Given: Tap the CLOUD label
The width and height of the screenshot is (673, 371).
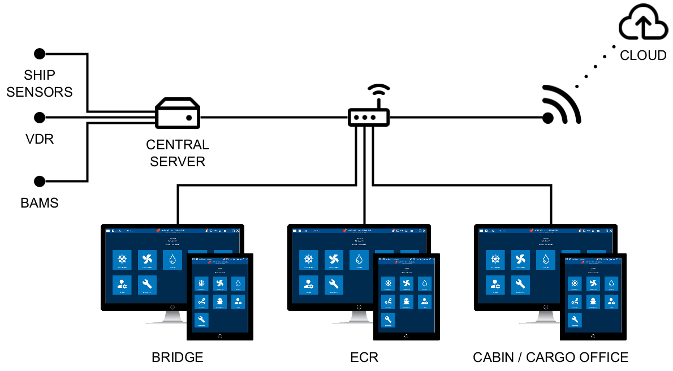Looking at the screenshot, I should pos(643,55).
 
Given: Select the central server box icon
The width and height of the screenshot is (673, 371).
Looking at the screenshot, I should pos(178,114).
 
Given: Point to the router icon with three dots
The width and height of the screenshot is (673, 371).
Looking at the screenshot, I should pos(368,117).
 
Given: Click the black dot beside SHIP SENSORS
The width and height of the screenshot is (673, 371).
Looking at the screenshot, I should pos(39,54).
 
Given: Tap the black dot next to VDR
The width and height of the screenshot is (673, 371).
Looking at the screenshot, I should pos(39,118).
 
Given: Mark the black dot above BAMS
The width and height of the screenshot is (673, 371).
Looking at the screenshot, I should pos(39,182).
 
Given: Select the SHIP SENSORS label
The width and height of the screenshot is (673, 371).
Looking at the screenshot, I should pos(40,83).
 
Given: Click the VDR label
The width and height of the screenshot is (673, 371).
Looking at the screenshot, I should pos(40,139).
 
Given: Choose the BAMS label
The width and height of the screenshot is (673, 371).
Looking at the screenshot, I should pos(39,202).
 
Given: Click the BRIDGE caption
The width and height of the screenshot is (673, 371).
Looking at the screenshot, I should pos(177,357).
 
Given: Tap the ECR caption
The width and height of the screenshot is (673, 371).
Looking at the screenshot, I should pos(364,357).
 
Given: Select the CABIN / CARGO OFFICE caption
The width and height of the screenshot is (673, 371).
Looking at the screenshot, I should pos(550,357).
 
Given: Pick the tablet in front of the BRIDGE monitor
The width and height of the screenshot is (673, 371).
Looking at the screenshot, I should pos(220,297).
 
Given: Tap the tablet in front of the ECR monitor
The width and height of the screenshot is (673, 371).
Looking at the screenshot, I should pos(407,297).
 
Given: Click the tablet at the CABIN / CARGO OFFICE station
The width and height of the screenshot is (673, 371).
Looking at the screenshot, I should pos(593,297).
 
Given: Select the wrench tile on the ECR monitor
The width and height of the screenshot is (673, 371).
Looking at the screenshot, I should pos(333,284).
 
